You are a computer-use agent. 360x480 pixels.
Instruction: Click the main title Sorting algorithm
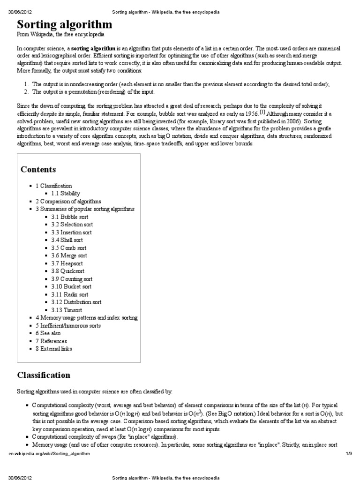pyautogui.click(x=65, y=24)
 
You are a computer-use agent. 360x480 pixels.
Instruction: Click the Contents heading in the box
pyautogui.click(x=38, y=169)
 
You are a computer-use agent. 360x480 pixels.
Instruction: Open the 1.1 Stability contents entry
pyautogui.click(x=66, y=193)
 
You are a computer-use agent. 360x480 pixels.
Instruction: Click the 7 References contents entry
pyautogui.click(x=51, y=341)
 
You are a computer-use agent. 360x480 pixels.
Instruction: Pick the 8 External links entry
pyautogui.click(x=54, y=349)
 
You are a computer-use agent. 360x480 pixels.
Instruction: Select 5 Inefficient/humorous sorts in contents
pyautogui.click(x=68, y=325)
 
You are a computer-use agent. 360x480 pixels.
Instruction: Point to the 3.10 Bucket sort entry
pyautogui.click(x=71, y=286)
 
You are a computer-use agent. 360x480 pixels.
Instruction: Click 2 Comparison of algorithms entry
pyautogui.click(x=68, y=201)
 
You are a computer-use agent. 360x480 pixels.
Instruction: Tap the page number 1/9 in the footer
pyautogui.click(x=348, y=454)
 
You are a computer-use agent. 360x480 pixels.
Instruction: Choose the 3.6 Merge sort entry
pyautogui.click(x=69, y=255)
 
